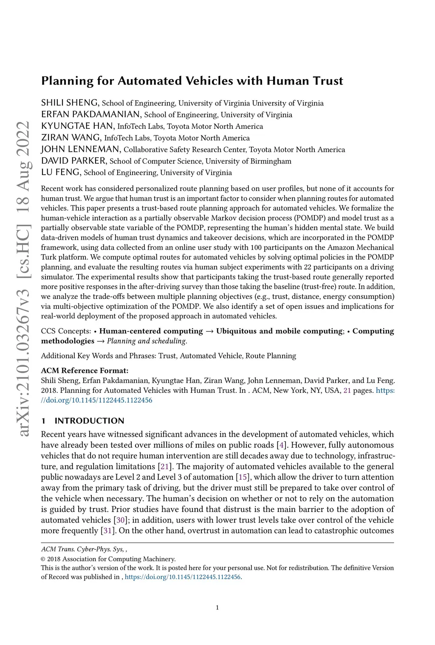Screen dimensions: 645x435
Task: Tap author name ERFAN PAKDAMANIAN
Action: (91, 114)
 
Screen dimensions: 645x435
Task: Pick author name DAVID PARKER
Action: (73, 161)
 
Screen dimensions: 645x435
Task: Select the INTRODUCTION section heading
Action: (89, 421)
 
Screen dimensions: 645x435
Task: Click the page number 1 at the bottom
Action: (217, 608)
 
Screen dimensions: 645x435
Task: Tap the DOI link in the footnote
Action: (183, 577)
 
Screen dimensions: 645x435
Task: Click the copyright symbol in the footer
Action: (43, 559)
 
